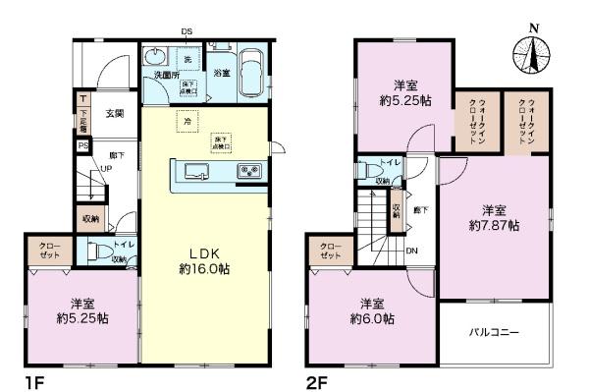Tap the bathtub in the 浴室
(249, 71)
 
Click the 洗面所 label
(162, 74)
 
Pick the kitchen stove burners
(249, 173)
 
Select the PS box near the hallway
(83, 146)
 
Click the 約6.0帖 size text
(372, 319)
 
